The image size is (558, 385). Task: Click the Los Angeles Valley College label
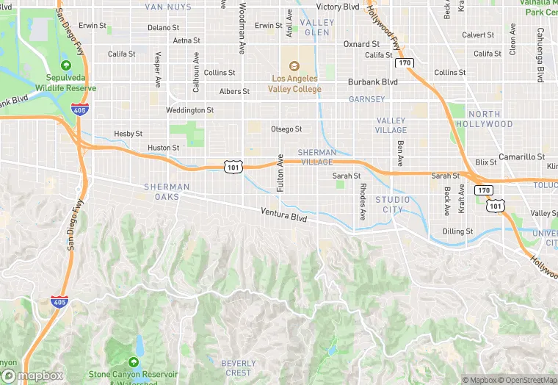[295, 84]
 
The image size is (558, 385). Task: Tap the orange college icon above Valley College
[295, 66]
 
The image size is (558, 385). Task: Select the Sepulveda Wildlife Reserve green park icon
[66, 65]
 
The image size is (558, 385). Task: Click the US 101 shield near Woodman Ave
[232, 168]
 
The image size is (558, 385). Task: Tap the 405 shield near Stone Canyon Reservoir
[59, 301]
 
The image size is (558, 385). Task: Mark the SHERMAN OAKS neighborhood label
[167, 192]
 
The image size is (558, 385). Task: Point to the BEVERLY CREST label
[239, 368]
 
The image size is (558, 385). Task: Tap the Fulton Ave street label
[280, 173]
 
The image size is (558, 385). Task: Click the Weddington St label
[189, 110]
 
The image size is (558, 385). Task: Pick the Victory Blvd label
[338, 7]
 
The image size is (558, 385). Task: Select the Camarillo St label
[521, 157]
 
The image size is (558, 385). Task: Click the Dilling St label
[457, 231]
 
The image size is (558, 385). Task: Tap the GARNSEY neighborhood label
[366, 99]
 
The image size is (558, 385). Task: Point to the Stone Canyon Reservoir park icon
[133, 362]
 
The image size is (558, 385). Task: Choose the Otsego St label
[286, 129]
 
